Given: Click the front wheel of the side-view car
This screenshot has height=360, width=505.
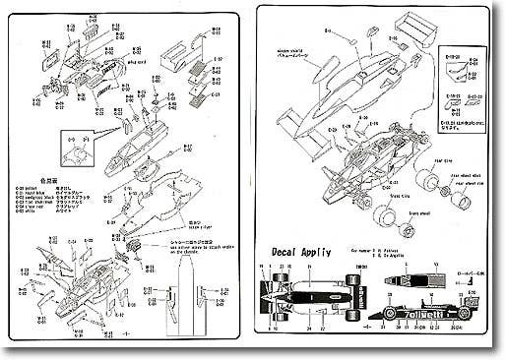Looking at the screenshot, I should (x=391, y=316).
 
